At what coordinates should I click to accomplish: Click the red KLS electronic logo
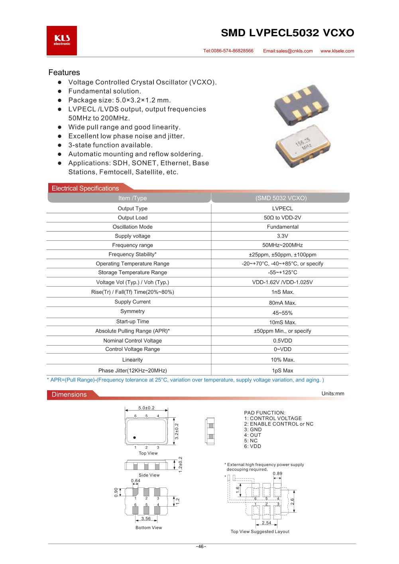point(62,41)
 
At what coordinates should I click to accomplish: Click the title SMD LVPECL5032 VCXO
point(287,33)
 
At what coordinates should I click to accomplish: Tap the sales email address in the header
point(288,51)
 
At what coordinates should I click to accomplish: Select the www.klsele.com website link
point(337,51)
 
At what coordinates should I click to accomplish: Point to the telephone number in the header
point(228,51)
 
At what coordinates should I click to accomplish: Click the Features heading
point(64,73)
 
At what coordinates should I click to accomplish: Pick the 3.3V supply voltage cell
point(282,236)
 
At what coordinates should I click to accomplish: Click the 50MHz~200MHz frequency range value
point(282,245)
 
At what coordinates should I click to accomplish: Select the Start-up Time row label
point(132,322)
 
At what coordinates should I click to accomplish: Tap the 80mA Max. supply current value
point(282,303)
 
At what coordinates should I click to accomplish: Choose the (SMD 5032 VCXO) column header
point(281,198)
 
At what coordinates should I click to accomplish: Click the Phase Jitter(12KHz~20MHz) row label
point(132,371)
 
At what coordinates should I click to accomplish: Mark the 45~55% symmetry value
point(282,313)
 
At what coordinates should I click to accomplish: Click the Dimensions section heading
point(69,395)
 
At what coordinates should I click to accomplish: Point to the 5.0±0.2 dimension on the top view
point(146,408)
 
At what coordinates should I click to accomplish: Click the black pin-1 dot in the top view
point(134,438)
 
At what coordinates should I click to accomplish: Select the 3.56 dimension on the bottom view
point(146,519)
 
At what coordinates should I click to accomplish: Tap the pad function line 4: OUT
point(253,435)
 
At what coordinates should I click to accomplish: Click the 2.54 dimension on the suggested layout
point(266,523)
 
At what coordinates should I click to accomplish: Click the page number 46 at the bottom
point(201,546)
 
